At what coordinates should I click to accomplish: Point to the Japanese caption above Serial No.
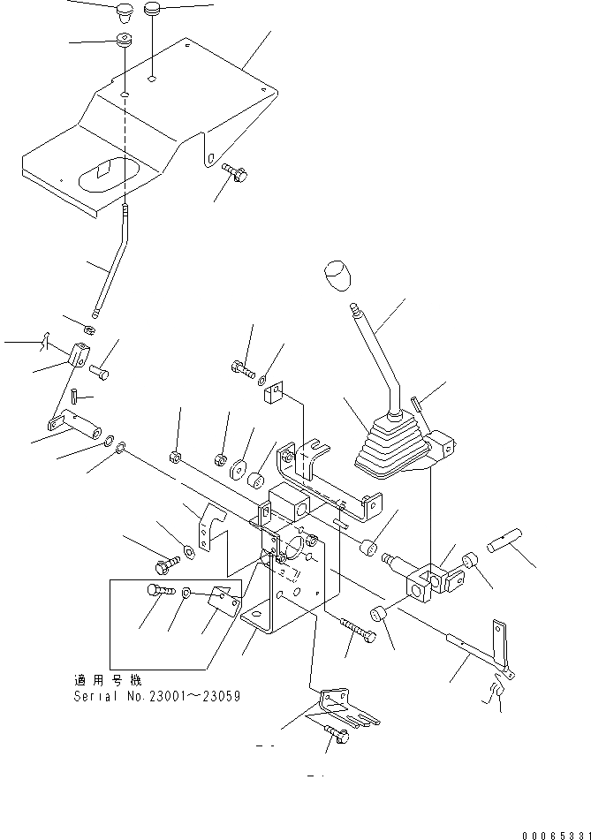pos(107,680)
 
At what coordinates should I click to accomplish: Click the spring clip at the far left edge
pos(45,339)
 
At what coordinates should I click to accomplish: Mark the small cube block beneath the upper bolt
pos(274,394)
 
